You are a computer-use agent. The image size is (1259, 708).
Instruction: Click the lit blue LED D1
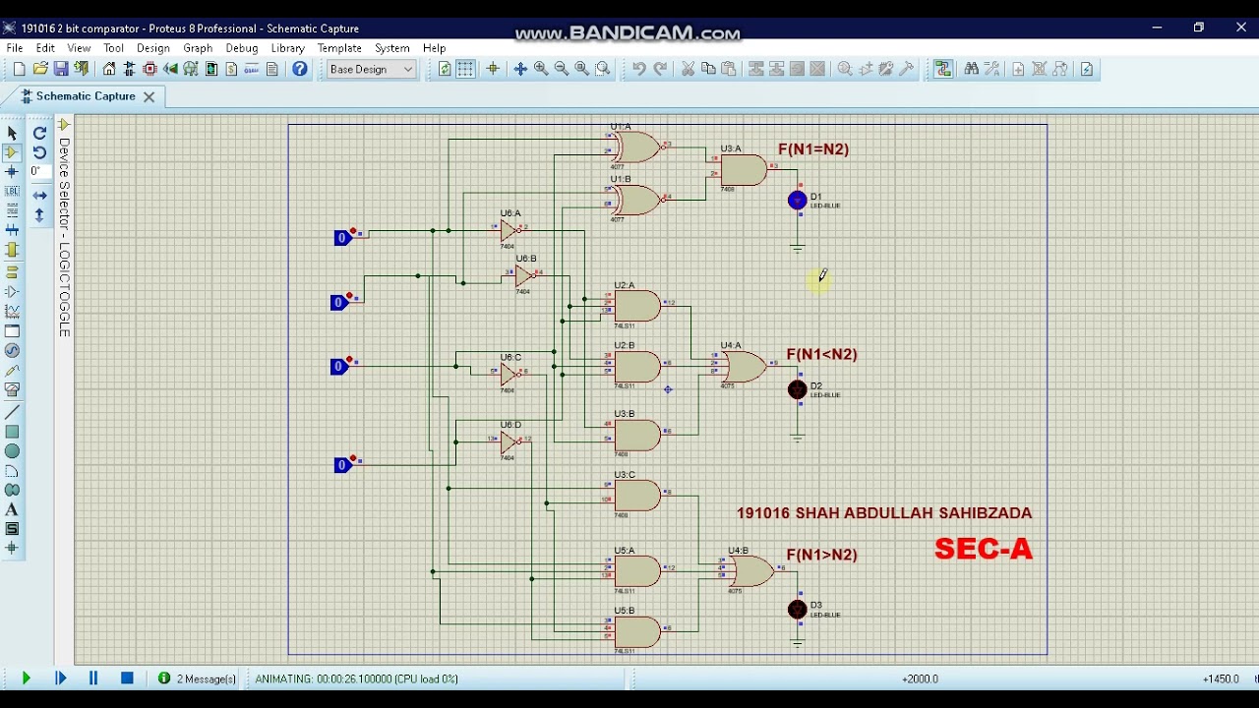tap(797, 201)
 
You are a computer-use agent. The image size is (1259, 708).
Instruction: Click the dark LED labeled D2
tap(797, 390)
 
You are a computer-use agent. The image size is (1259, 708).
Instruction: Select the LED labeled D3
tap(797, 610)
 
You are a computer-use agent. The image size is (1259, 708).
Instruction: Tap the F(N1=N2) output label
tap(812, 149)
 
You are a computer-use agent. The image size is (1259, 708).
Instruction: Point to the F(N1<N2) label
tap(821, 354)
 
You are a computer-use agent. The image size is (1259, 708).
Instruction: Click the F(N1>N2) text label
tap(821, 555)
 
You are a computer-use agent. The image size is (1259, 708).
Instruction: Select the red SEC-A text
tap(983, 549)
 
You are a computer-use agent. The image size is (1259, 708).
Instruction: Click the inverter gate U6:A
tap(510, 230)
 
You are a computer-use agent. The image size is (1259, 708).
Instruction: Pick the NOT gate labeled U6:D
tap(510, 442)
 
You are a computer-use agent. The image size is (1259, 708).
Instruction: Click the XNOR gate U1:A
tap(636, 147)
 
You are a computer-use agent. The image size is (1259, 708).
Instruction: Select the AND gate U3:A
tap(742, 170)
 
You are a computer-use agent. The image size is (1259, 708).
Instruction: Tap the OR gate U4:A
tap(743, 367)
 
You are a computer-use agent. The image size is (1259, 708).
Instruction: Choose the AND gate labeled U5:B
tap(637, 631)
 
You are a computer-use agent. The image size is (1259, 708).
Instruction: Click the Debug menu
tap(241, 48)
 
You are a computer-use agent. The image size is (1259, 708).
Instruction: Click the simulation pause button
tap(93, 678)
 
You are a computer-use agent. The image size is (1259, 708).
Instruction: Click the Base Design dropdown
tap(372, 69)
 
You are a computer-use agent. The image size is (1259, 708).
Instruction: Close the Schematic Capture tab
tap(149, 96)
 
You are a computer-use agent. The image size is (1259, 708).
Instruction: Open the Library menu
tap(287, 48)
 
